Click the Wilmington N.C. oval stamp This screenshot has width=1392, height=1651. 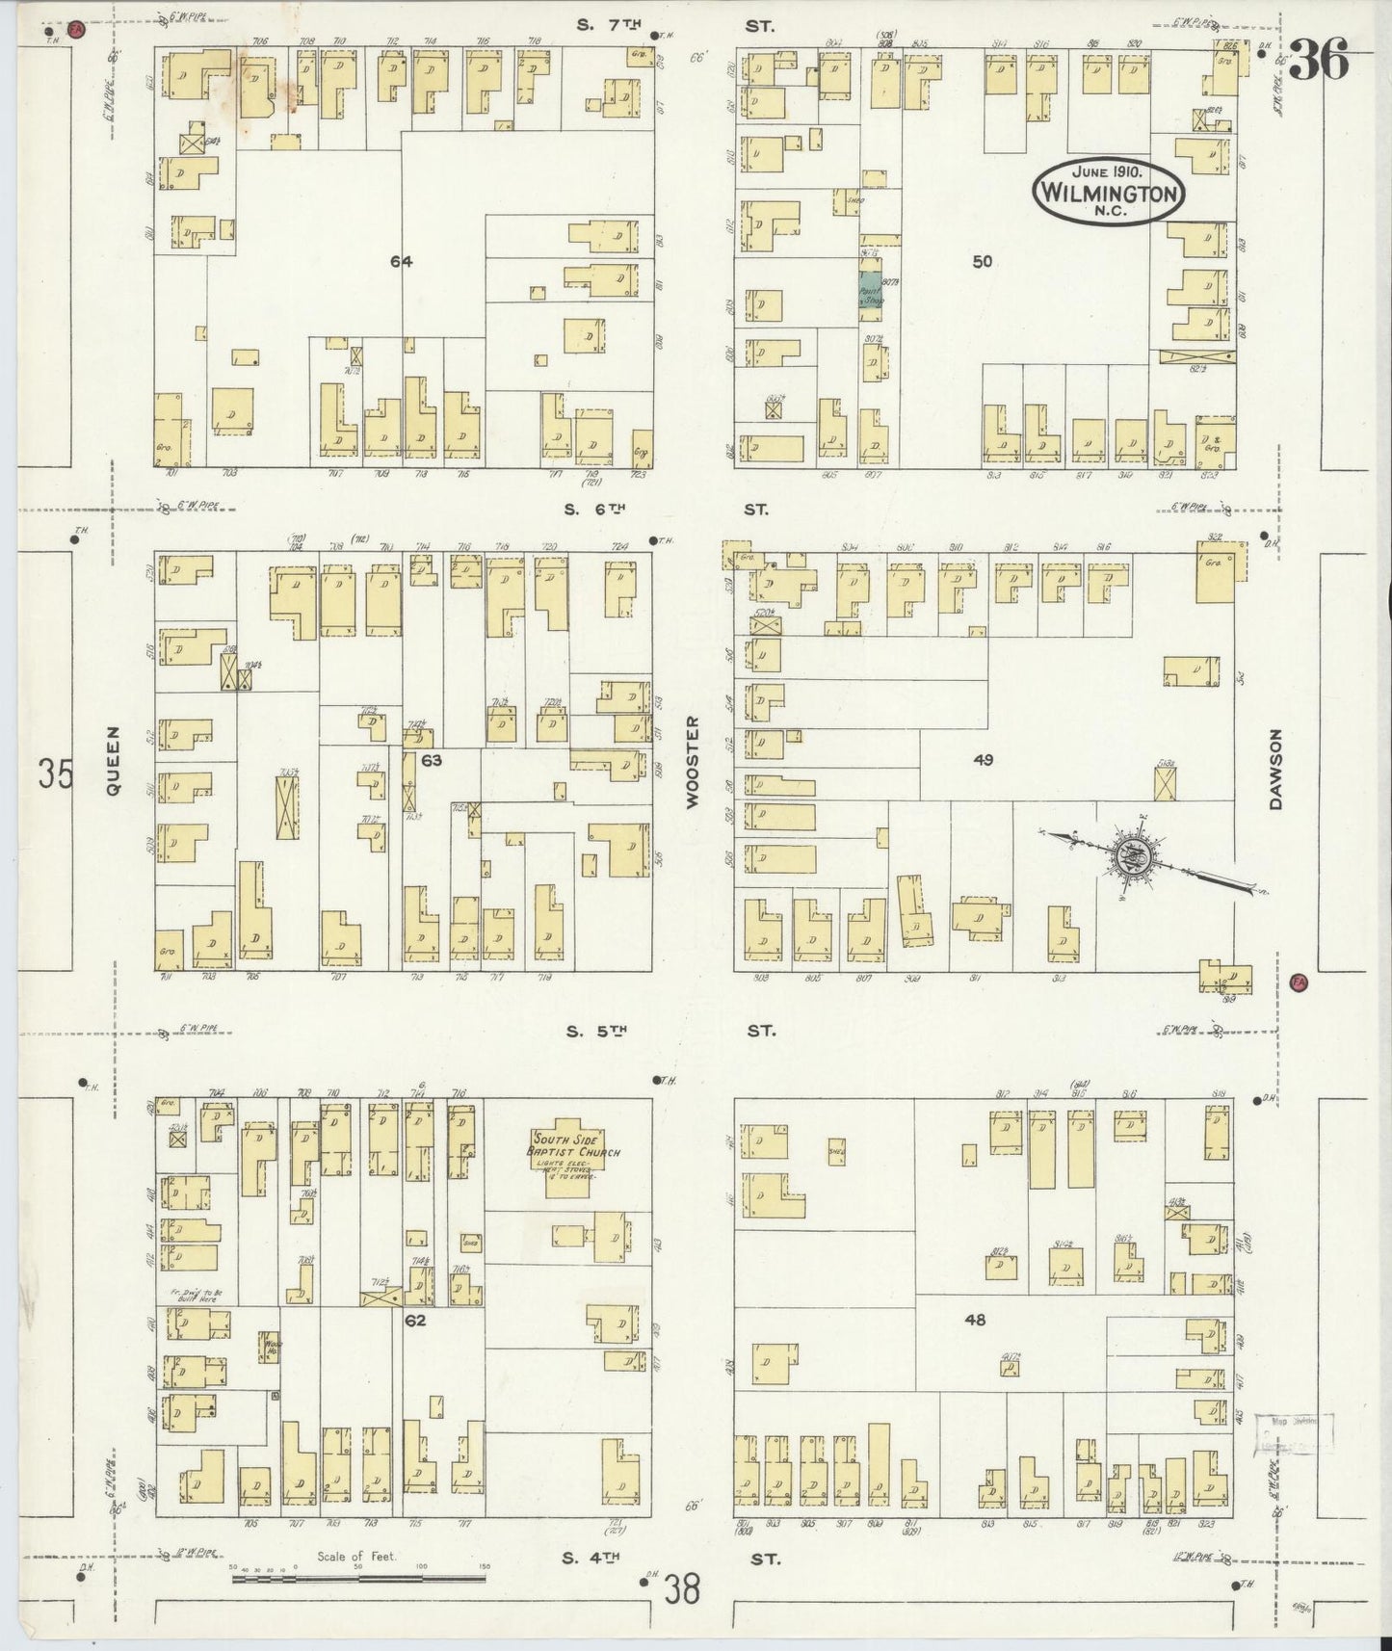[x=1108, y=191]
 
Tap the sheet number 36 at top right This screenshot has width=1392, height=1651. [x=1318, y=63]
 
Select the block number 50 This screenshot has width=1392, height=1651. [x=982, y=261]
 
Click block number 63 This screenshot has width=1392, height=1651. [x=431, y=760]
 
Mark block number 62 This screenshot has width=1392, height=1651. [x=414, y=1321]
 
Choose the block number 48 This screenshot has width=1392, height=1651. [x=975, y=1321]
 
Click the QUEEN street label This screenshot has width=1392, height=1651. [x=114, y=761]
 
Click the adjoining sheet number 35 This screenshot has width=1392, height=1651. [x=55, y=773]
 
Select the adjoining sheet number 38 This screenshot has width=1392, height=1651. [x=680, y=1591]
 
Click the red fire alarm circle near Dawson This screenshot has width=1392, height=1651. [x=1298, y=983]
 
